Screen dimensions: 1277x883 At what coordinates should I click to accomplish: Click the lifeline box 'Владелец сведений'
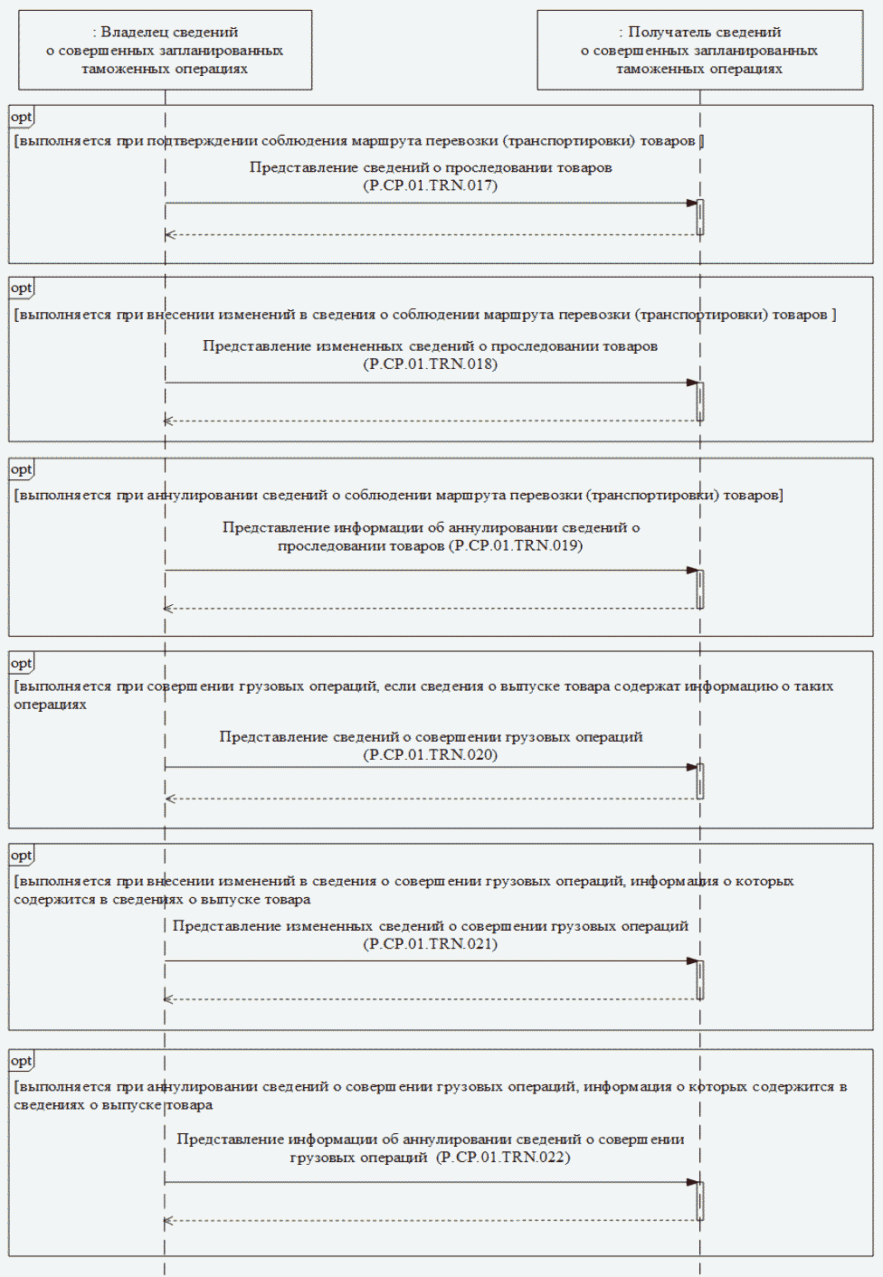coord(165,50)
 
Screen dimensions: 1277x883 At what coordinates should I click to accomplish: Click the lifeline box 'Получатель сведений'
coord(699,50)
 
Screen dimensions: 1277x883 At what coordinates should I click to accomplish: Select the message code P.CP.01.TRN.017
coord(431,185)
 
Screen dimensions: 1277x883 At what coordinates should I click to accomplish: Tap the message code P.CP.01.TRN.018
coord(431,364)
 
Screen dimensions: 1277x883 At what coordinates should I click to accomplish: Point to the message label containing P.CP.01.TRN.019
coord(431,536)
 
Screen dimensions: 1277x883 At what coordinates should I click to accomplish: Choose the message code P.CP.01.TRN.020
coord(431,755)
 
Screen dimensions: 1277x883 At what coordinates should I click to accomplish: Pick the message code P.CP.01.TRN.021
coord(431,944)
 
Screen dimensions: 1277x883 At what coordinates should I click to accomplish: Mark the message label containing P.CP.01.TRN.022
coord(431,1148)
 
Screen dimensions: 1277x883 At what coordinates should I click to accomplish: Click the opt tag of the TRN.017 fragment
coord(21,117)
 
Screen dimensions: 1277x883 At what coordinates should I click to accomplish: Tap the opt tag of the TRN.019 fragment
coord(21,469)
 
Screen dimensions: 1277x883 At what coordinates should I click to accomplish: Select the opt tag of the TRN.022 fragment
coord(21,1061)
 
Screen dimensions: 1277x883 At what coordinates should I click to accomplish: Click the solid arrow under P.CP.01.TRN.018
coord(431,383)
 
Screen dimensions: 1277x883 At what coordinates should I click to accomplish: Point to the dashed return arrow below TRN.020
coord(431,799)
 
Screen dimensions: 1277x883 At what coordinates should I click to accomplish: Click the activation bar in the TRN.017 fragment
coord(700,217)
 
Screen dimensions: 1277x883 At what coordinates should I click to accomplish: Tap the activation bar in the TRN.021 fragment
coord(700,979)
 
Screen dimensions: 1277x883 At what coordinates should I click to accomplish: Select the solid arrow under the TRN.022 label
coord(431,1182)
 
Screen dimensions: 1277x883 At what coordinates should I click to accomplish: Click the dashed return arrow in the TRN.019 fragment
coord(431,609)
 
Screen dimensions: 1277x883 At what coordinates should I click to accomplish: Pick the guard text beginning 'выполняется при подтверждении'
coord(357,141)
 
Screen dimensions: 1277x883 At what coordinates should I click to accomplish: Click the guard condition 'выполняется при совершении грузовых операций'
coord(423,695)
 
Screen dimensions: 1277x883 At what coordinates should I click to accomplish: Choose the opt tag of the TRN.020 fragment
coord(21,663)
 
